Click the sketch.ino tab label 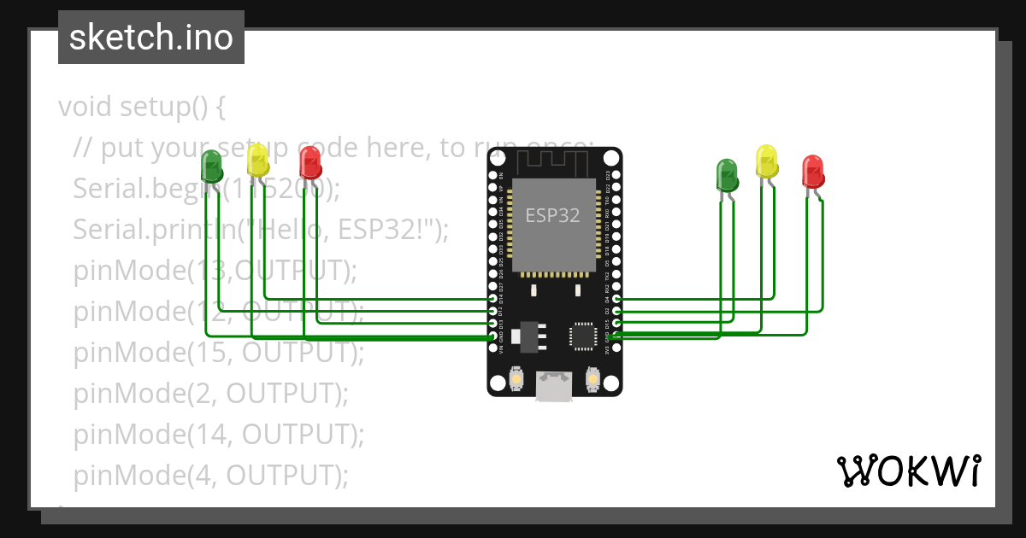[x=150, y=38]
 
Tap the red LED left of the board [x=310, y=162]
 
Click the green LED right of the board [x=727, y=175]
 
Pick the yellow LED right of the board [x=767, y=161]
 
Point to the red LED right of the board [x=813, y=172]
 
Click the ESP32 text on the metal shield [x=552, y=216]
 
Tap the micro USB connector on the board [x=554, y=386]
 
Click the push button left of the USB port [x=516, y=378]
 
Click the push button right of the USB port [x=593, y=378]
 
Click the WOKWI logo [x=908, y=471]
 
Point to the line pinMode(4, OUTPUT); [x=210, y=475]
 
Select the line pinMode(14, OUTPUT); [x=218, y=435]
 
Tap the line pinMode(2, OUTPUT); [x=210, y=394]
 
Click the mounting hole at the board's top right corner [x=610, y=158]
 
